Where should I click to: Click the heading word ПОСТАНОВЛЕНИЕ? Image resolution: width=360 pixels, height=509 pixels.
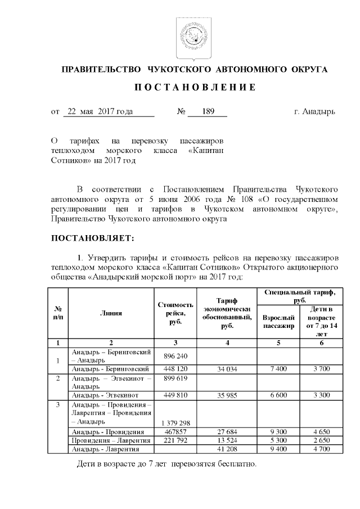(194, 88)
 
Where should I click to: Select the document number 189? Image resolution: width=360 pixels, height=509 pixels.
(208, 111)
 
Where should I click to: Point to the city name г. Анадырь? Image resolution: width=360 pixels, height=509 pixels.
(314, 111)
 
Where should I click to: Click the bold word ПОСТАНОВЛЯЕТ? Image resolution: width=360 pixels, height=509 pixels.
(93, 238)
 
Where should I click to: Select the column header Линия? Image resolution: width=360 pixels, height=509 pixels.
(111, 313)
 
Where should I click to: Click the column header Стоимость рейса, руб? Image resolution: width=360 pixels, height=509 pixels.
(175, 313)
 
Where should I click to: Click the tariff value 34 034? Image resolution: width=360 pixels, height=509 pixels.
(226, 369)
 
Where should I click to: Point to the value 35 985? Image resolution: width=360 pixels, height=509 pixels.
(226, 395)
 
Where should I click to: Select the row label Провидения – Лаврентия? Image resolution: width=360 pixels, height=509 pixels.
(110, 440)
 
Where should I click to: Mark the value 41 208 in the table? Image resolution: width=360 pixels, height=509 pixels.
(226, 449)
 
